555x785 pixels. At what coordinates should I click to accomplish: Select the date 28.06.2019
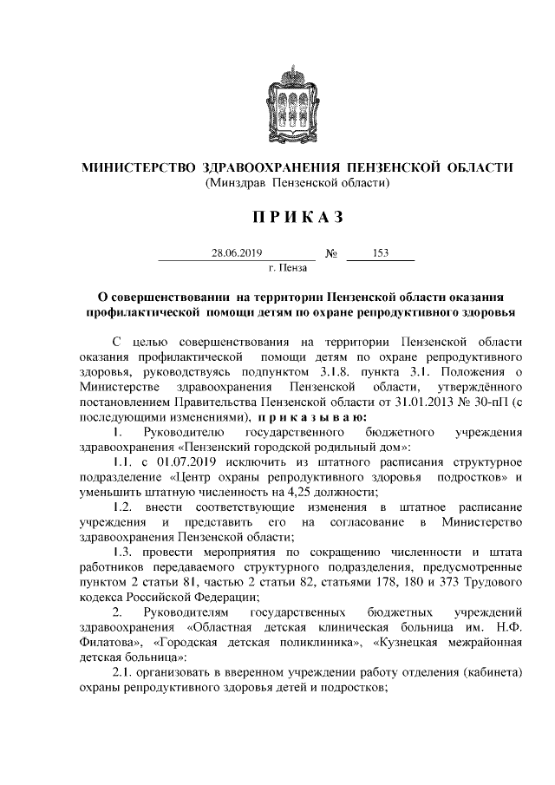click(236, 253)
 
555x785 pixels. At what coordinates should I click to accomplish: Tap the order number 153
click(380, 253)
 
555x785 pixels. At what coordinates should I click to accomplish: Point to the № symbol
click(330, 254)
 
